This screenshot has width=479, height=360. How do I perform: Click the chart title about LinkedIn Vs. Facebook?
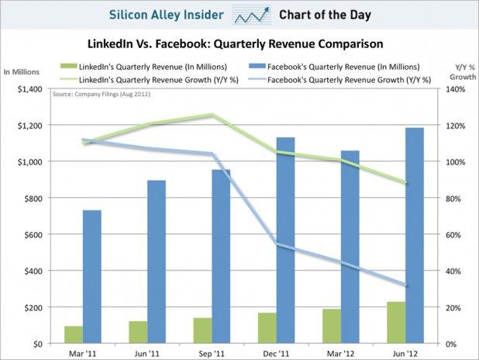point(239,44)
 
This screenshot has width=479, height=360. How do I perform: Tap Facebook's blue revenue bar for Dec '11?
point(286,241)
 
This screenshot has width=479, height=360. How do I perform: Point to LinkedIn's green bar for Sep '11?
point(202,331)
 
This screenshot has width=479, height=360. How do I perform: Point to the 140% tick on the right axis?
point(454,89)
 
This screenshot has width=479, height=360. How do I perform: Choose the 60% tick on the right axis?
point(453,234)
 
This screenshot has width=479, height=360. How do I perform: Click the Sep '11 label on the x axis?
point(212,352)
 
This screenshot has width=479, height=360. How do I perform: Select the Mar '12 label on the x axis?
point(341,352)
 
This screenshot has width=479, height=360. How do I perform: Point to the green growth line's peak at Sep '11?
point(211,115)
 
